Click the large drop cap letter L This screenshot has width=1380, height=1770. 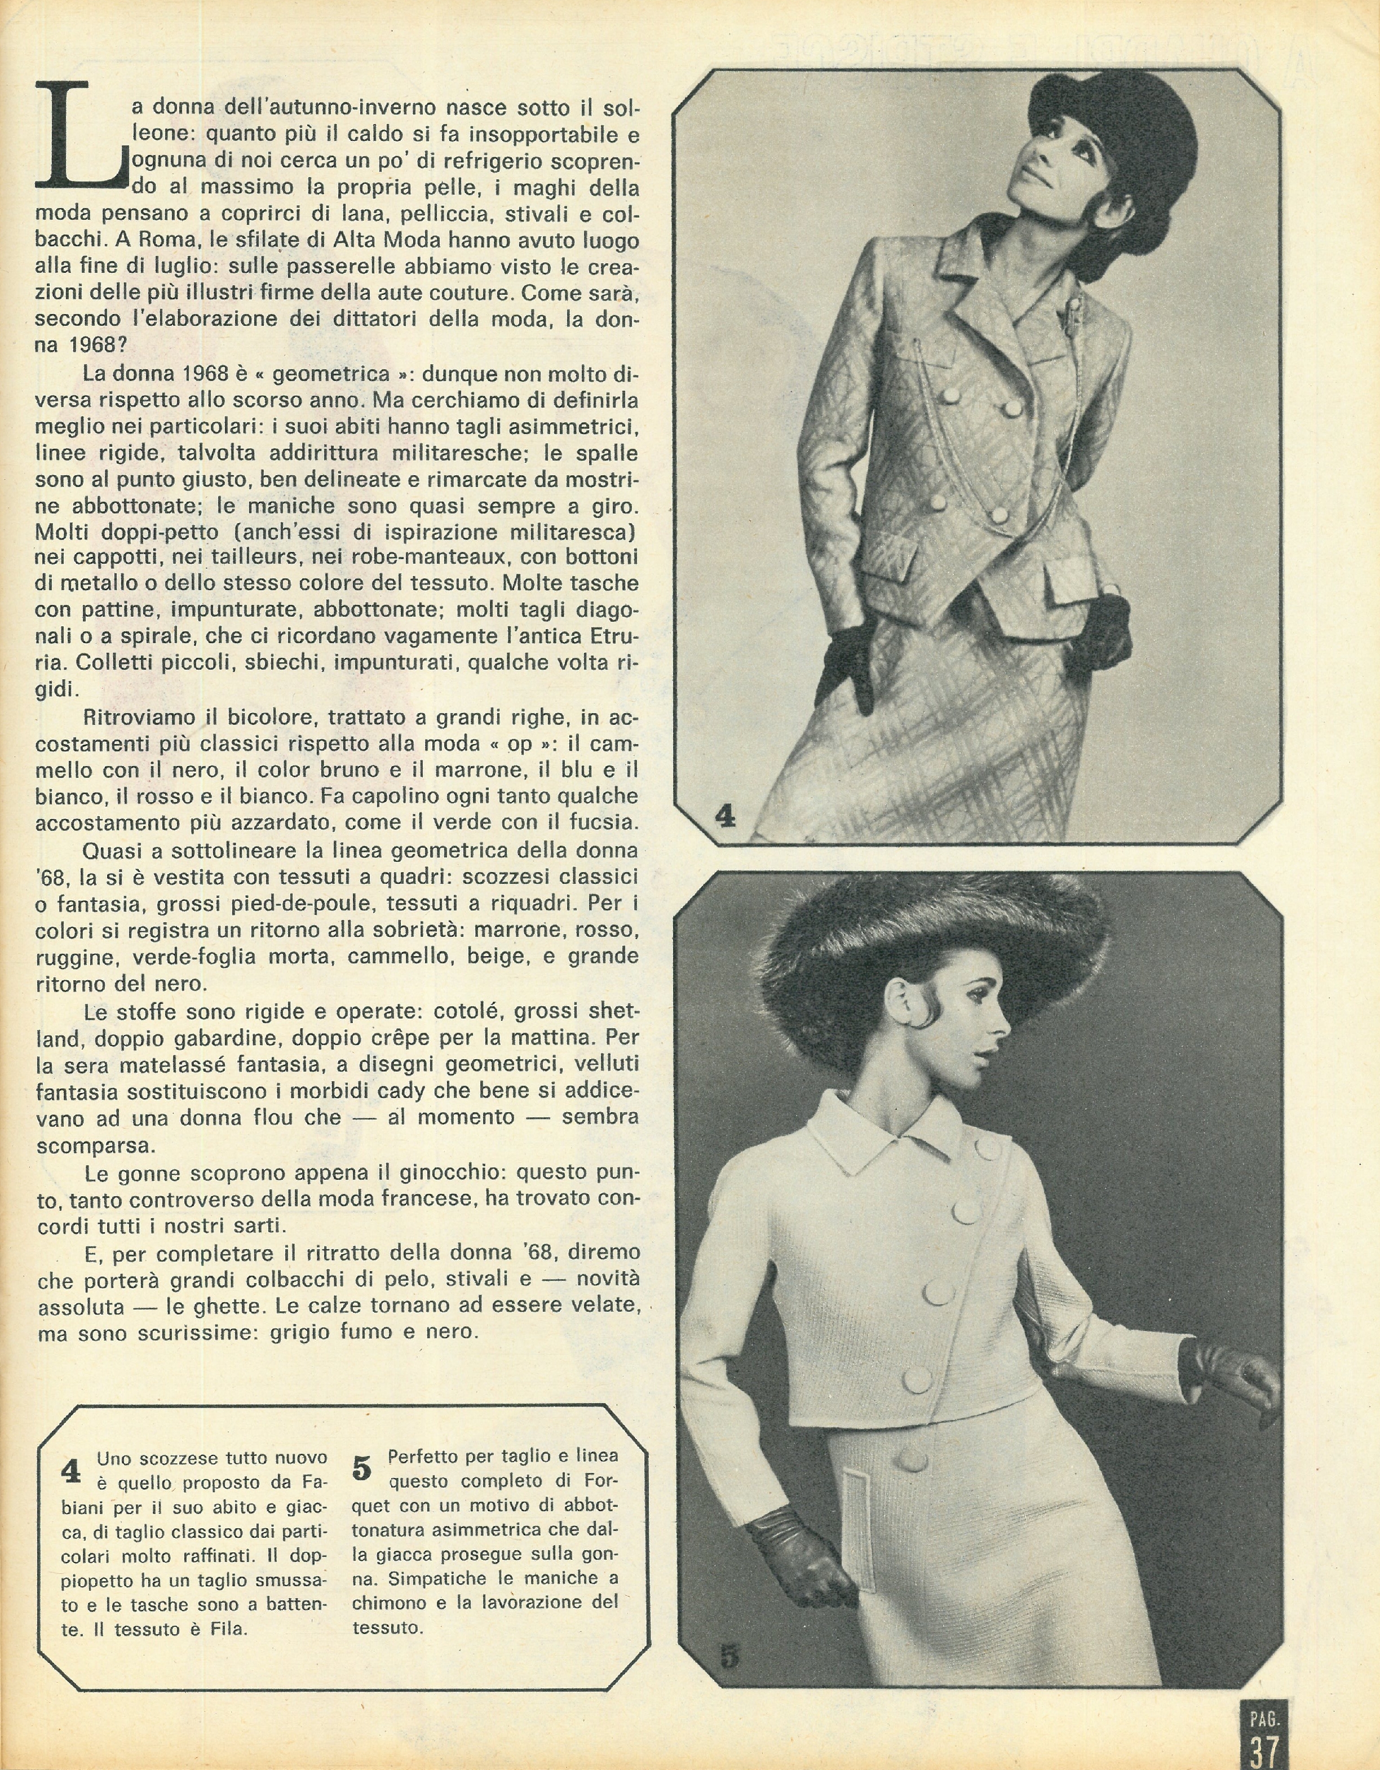coord(81,138)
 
